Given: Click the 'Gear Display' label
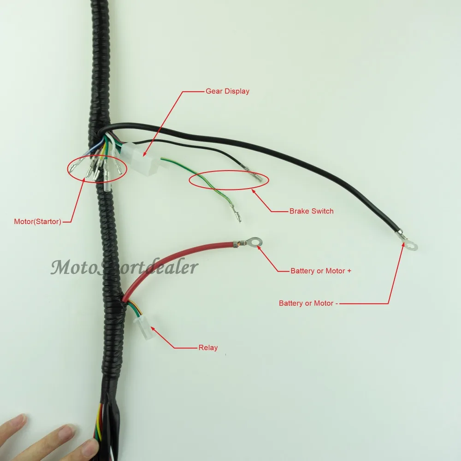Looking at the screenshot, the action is (x=227, y=91).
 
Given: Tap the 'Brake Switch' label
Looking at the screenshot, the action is (x=311, y=211).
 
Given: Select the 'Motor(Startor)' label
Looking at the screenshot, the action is (x=37, y=222).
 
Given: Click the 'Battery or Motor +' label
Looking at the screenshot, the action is (x=321, y=271).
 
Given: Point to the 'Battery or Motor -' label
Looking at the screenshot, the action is (x=306, y=303).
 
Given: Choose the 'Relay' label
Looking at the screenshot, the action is (x=208, y=348).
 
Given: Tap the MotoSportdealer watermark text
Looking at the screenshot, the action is (x=124, y=267).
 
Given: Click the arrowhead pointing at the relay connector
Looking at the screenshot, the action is (x=154, y=330).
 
